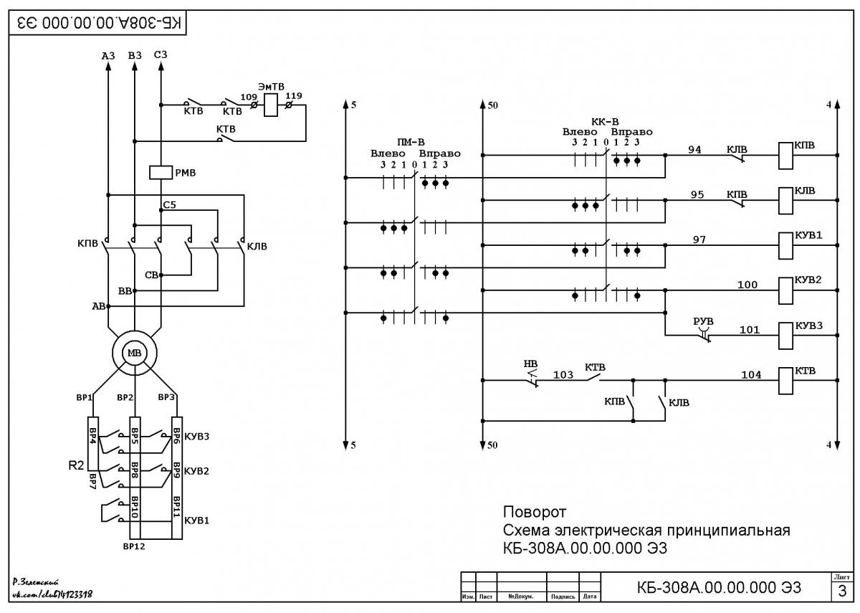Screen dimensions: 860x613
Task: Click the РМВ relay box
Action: click(161, 173)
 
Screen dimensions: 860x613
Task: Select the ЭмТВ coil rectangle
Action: click(271, 105)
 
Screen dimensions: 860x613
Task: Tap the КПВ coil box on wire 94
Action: click(785, 156)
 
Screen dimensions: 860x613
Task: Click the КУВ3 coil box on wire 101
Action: click(785, 336)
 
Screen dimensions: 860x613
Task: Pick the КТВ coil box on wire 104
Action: click(785, 381)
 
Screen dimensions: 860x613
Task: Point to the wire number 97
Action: click(699, 239)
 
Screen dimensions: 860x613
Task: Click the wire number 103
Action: click(563, 374)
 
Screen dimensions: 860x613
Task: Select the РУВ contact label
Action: click(703, 321)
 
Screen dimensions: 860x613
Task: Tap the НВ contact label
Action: click(530, 363)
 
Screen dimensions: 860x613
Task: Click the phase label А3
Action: click(108, 56)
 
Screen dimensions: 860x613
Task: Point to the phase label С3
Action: click(161, 55)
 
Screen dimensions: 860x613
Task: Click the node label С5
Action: click(169, 205)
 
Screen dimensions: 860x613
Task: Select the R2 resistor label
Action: click(76, 465)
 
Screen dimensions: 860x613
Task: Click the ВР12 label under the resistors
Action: click(134, 546)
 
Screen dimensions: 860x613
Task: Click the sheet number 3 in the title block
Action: click(842, 591)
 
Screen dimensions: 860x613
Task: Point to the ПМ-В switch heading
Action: click(411, 142)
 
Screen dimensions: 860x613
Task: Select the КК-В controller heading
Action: click(605, 122)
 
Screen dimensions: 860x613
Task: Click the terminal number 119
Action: click(294, 95)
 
